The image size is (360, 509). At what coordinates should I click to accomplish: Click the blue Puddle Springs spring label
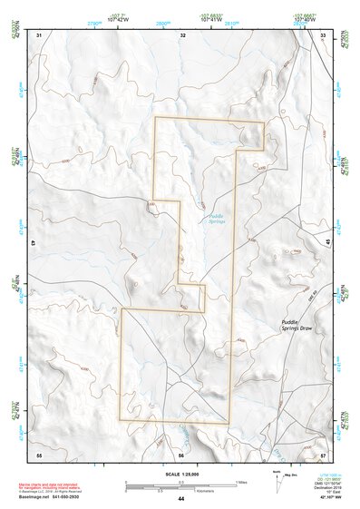click(x=215, y=219)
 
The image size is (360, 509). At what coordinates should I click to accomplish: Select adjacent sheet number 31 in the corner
click(x=39, y=34)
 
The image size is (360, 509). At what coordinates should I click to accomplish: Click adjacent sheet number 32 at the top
click(x=182, y=34)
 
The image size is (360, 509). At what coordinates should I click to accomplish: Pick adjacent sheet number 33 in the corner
click(x=324, y=34)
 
